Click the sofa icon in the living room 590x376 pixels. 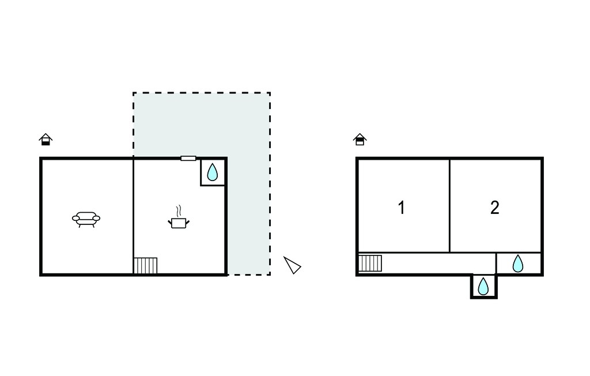click(86, 219)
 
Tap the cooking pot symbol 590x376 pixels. click(179, 223)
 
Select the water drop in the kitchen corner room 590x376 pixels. click(213, 172)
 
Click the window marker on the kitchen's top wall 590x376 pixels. click(188, 158)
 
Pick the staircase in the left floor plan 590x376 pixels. click(146, 266)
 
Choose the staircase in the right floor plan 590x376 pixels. click(370, 263)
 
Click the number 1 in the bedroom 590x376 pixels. click(402, 208)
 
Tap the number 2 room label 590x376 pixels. click(495, 208)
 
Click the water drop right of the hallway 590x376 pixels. click(518, 264)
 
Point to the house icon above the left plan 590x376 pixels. click(46, 139)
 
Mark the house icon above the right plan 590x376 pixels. click(360, 139)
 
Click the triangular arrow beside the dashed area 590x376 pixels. click(292, 265)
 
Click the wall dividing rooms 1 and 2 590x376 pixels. click(449, 205)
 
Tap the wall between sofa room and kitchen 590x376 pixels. click(133, 216)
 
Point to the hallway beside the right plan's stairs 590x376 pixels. click(438, 263)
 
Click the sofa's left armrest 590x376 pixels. click(76, 218)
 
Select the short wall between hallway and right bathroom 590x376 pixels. click(496, 263)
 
